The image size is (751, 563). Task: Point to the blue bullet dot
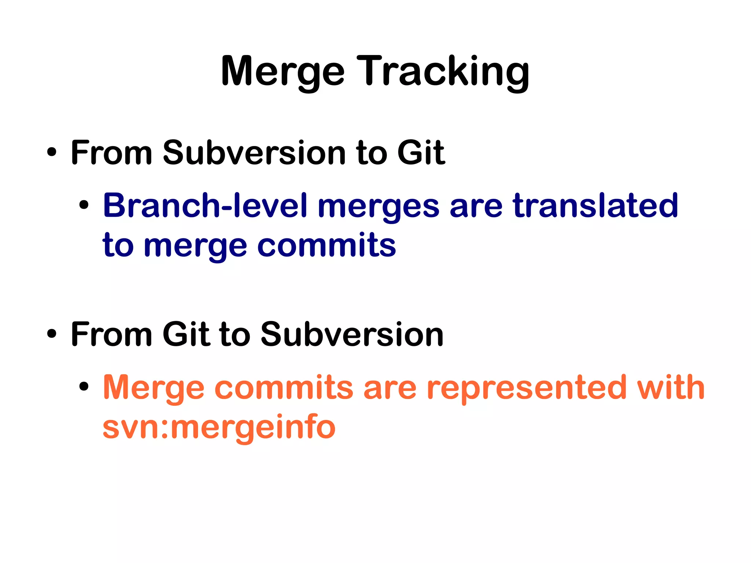coord(84,205)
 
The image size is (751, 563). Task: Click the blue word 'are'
coord(476,207)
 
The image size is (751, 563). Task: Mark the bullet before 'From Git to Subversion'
coord(52,334)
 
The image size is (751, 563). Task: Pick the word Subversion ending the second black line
coord(352,334)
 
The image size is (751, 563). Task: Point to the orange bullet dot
coord(84,387)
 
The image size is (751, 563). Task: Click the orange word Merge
coord(154,388)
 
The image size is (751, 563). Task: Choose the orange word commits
coord(284,388)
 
